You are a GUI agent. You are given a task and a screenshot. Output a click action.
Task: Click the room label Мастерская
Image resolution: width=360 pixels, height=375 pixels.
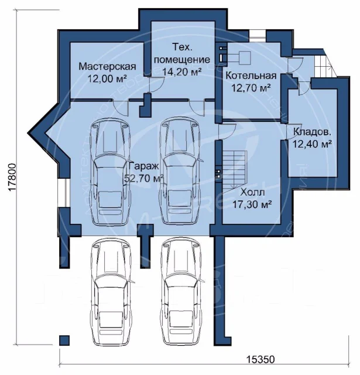click(107, 66)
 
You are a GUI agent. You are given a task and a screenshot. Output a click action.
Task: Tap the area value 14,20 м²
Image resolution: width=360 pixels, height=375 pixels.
click(182, 71)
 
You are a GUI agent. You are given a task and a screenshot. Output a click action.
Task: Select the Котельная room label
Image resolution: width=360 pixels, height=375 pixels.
click(251, 76)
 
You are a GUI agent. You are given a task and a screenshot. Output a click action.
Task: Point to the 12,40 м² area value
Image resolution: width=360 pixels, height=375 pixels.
click(312, 144)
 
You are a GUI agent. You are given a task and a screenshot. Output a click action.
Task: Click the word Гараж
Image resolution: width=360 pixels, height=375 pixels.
click(144, 166)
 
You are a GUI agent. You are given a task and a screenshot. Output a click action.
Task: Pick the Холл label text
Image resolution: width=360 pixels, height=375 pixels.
click(252, 192)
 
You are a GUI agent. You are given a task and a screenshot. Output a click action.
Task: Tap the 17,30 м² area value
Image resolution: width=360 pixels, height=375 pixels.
click(252, 204)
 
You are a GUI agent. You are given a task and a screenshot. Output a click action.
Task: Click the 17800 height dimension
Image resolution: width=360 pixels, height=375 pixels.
click(12, 177)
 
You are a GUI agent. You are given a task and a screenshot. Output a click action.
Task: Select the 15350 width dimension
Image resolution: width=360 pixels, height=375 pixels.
click(260, 359)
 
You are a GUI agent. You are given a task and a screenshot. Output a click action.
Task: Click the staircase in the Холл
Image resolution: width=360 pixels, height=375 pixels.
click(235, 171)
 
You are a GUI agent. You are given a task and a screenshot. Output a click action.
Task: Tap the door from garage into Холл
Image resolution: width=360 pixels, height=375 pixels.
click(227, 131)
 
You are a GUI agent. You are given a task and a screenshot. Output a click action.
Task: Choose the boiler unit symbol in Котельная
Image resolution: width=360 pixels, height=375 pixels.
click(245, 57)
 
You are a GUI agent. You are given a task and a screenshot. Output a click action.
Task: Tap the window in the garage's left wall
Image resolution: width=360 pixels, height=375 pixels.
click(64, 193)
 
